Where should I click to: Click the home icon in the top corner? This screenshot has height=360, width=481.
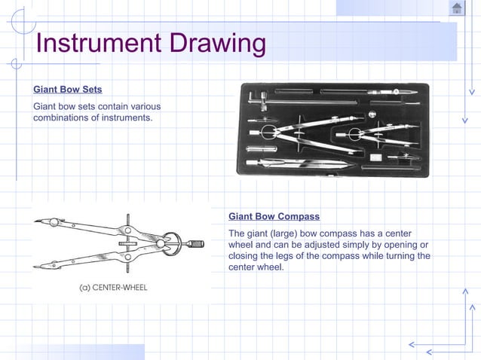tap(457, 8)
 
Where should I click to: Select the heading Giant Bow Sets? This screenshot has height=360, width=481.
tap(68, 90)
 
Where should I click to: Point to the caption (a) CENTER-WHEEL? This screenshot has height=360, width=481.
tap(114, 287)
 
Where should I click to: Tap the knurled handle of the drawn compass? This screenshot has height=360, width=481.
tap(195, 243)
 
